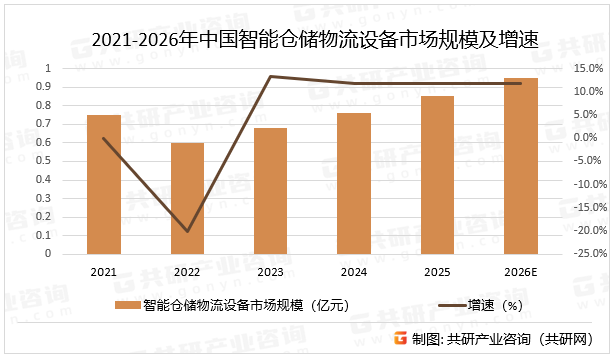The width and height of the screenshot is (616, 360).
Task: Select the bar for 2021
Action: tap(104, 185)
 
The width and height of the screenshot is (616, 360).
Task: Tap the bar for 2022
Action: tap(187, 199)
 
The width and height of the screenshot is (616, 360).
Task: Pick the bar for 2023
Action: tap(270, 191)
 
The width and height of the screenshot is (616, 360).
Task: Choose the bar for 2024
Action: tap(353, 184)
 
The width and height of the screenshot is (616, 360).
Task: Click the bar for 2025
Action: tap(437, 175)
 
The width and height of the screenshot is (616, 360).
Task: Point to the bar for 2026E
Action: tap(520, 166)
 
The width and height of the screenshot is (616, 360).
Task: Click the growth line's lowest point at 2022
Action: tap(187, 232)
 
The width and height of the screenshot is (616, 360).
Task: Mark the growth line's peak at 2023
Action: tap(270, 76)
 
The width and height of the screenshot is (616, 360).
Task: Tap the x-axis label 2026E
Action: tap(520, 272)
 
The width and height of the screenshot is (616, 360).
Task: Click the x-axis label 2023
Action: tap(270, 272)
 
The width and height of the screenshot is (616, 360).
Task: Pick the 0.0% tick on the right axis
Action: tap(588, 138)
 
